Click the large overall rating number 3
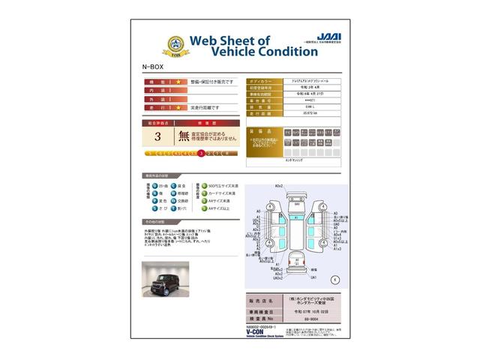(157, 136)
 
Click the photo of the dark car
(166, 278)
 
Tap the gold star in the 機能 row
(178, 81)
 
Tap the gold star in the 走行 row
(178, 109)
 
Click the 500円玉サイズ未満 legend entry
(222, 184)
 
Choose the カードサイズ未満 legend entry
(222, 193)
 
